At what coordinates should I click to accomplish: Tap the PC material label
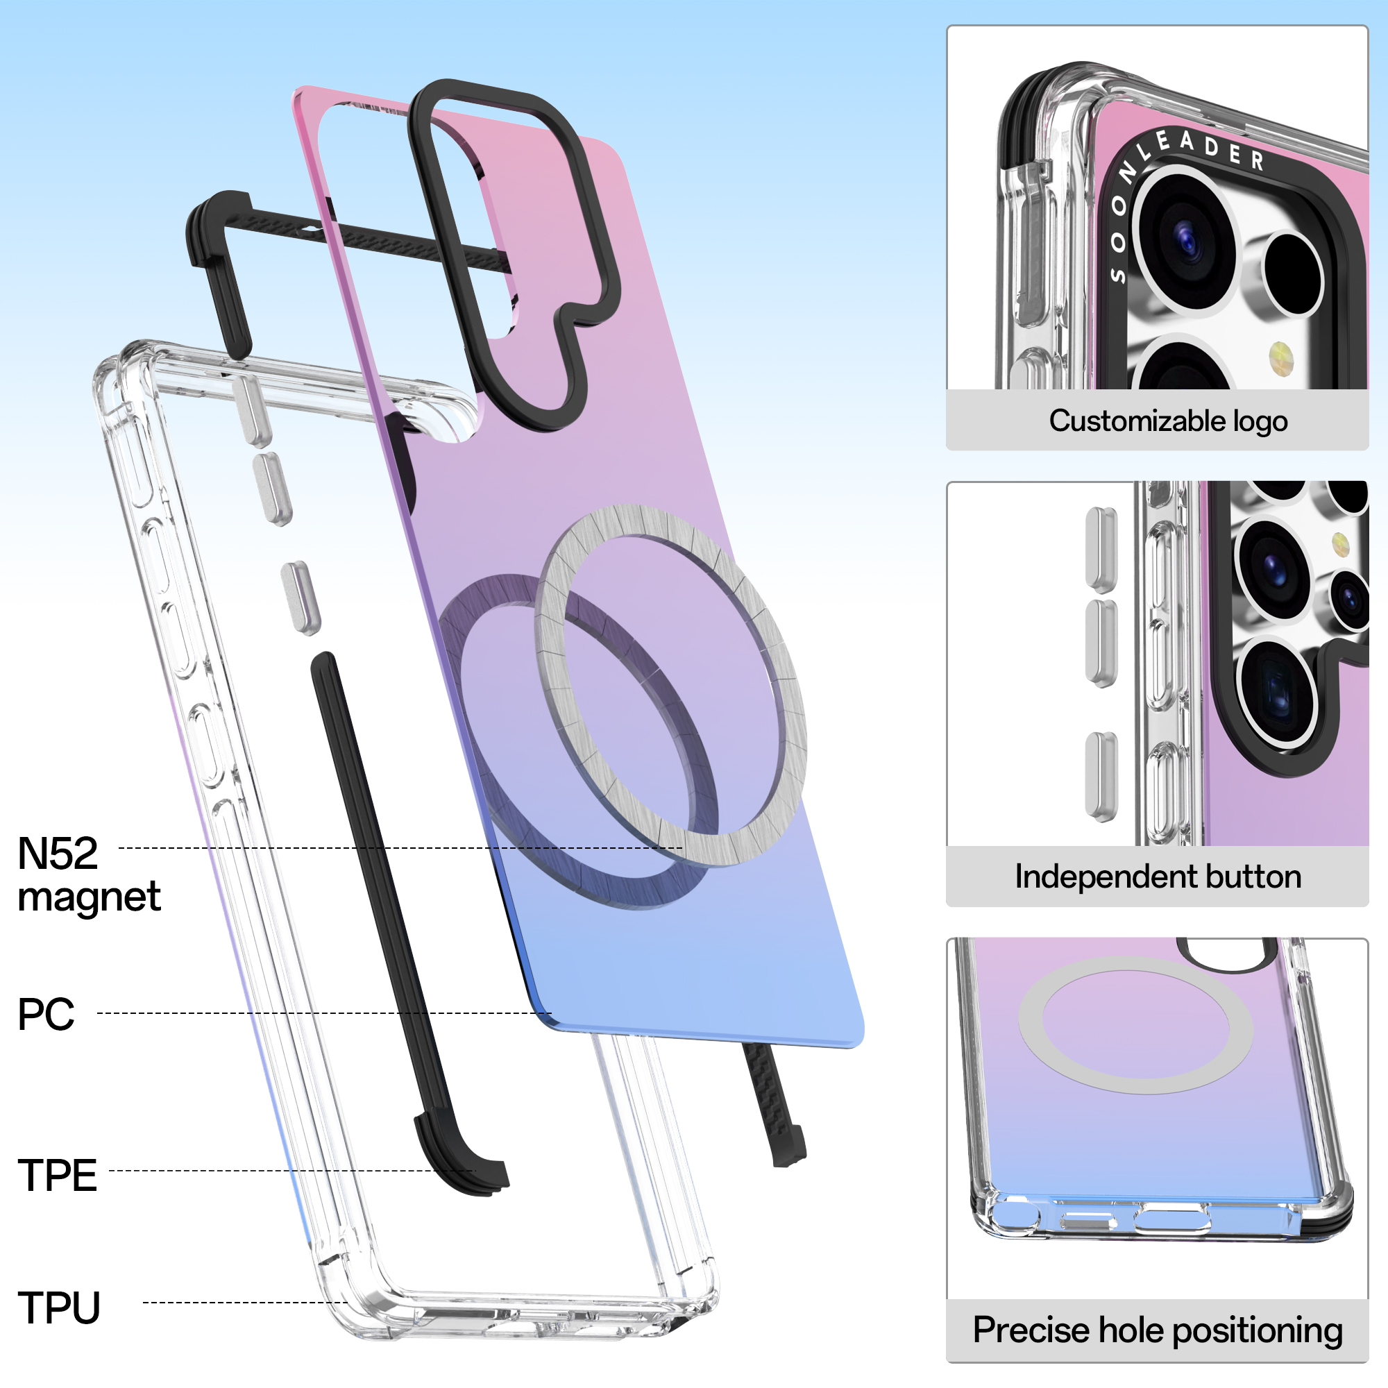46,1014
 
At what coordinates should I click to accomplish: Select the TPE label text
57,1176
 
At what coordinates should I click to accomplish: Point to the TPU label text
59,1307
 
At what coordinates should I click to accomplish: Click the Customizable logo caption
1168,421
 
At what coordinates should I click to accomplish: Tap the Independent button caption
1158,877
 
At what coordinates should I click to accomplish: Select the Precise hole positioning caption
1158,1330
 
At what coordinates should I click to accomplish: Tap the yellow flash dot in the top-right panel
1281,357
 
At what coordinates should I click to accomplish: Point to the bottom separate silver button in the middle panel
1101,777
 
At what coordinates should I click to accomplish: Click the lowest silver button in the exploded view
301,598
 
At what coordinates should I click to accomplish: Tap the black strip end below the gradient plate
783,1142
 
